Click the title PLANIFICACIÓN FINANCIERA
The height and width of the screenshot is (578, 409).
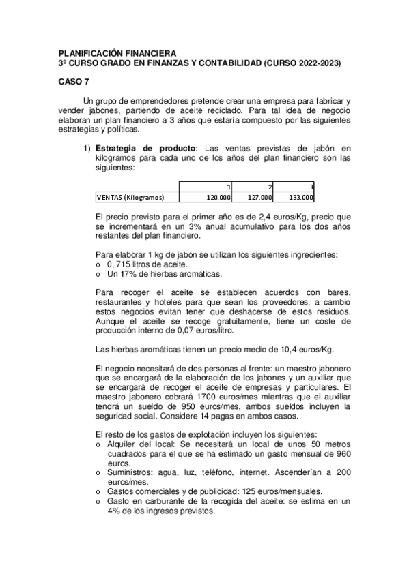coord(117,53)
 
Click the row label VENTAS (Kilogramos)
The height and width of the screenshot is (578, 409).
coord(130,198)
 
